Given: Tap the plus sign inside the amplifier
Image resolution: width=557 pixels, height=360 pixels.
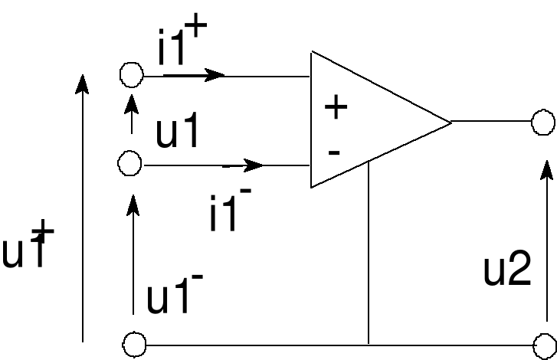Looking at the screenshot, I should [x=336, y=107].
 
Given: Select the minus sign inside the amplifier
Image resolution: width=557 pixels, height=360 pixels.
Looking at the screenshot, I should [x=333, y=152].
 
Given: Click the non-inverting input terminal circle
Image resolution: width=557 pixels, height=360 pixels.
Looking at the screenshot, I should [x=132, y=74].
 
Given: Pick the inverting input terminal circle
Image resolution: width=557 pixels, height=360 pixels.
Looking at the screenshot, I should [x=130, y=163].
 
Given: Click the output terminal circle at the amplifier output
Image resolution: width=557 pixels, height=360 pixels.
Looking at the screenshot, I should [x=544, y=122].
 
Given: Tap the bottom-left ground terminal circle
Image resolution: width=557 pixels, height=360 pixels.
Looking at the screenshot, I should [x=135, y=344].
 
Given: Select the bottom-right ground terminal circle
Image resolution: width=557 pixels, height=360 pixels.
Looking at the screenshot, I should [x=546, y=344].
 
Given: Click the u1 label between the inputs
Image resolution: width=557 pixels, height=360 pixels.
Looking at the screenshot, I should [x=178, y=133].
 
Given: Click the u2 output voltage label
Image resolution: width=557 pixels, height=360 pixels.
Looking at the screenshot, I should [x=507, y=270].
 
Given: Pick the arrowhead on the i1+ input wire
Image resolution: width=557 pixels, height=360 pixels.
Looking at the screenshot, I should [x=215, y=74].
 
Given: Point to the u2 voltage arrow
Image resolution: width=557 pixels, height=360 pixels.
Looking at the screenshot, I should [x=546, y=237].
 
